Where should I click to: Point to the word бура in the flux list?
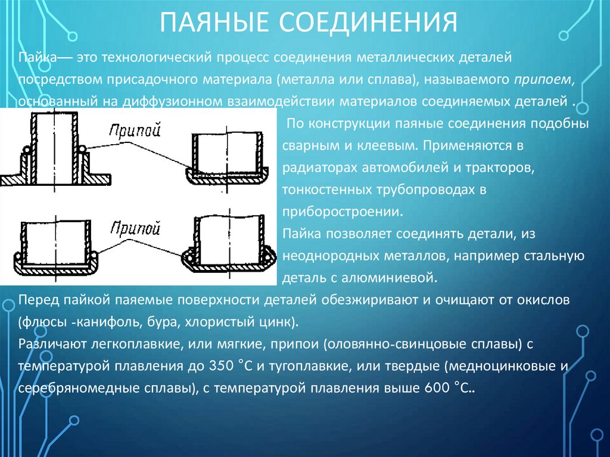click(x=139, y=322)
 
